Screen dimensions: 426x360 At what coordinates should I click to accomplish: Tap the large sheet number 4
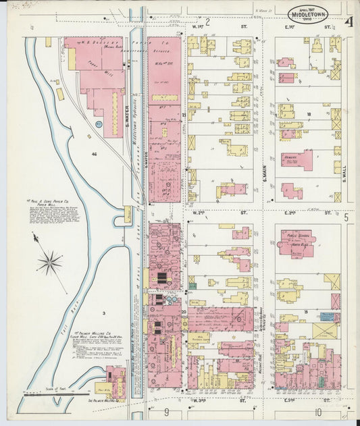click(348, 22)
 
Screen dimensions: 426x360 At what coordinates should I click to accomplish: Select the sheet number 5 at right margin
click(346, 217)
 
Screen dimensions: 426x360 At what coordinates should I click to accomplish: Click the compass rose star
click(49, 262)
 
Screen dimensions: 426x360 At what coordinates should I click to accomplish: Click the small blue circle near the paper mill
click(99, 124)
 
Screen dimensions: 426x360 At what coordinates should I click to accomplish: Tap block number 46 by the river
click(95, 155)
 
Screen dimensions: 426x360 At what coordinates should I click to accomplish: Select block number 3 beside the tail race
click(104, 314)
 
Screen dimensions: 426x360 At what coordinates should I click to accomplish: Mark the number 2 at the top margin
click(208, 22)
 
